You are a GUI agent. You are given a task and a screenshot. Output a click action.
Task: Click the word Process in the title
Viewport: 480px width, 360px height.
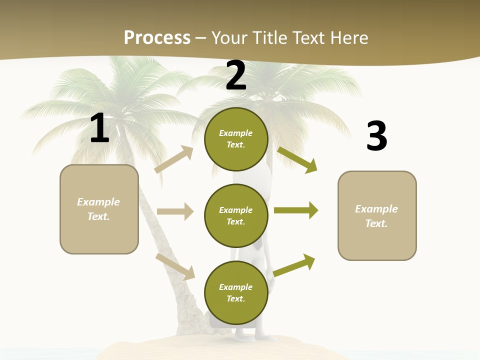[x=157, y=38]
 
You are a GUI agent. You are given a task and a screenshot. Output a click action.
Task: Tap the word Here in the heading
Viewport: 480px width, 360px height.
[x=349, y=38]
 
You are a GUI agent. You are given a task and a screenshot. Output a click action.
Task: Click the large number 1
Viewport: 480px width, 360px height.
[x=99, y=128]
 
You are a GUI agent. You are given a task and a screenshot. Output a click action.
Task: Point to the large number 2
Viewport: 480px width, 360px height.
[x=236, y=75]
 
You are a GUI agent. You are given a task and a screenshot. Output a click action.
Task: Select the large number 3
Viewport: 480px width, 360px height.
[x=376, y=136]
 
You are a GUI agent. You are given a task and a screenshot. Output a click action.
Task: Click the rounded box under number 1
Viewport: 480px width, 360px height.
[x=99, y=209]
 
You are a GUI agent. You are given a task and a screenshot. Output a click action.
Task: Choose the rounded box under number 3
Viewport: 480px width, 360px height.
[x=377, y=216]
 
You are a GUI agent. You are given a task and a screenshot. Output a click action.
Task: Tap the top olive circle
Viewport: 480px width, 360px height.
[x=236, y=139]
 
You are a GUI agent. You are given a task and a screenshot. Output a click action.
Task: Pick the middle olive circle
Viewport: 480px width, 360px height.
[x=236, y=215]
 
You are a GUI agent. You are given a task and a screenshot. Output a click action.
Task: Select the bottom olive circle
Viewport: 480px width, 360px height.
[x=236, y=292]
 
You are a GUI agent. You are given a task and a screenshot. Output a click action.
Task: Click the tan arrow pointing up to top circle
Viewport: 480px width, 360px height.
[x=173, y=159]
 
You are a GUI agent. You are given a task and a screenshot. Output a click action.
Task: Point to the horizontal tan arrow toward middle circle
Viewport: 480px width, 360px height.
[x=175, y=211]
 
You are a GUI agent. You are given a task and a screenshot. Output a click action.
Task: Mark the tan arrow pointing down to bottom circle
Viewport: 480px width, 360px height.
[x=175, y=266]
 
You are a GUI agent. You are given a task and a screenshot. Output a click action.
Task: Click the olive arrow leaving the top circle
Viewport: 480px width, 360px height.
[x=297, y=159]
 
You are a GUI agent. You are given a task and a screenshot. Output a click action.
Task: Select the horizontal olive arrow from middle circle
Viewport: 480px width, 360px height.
[x=296, y=210]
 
